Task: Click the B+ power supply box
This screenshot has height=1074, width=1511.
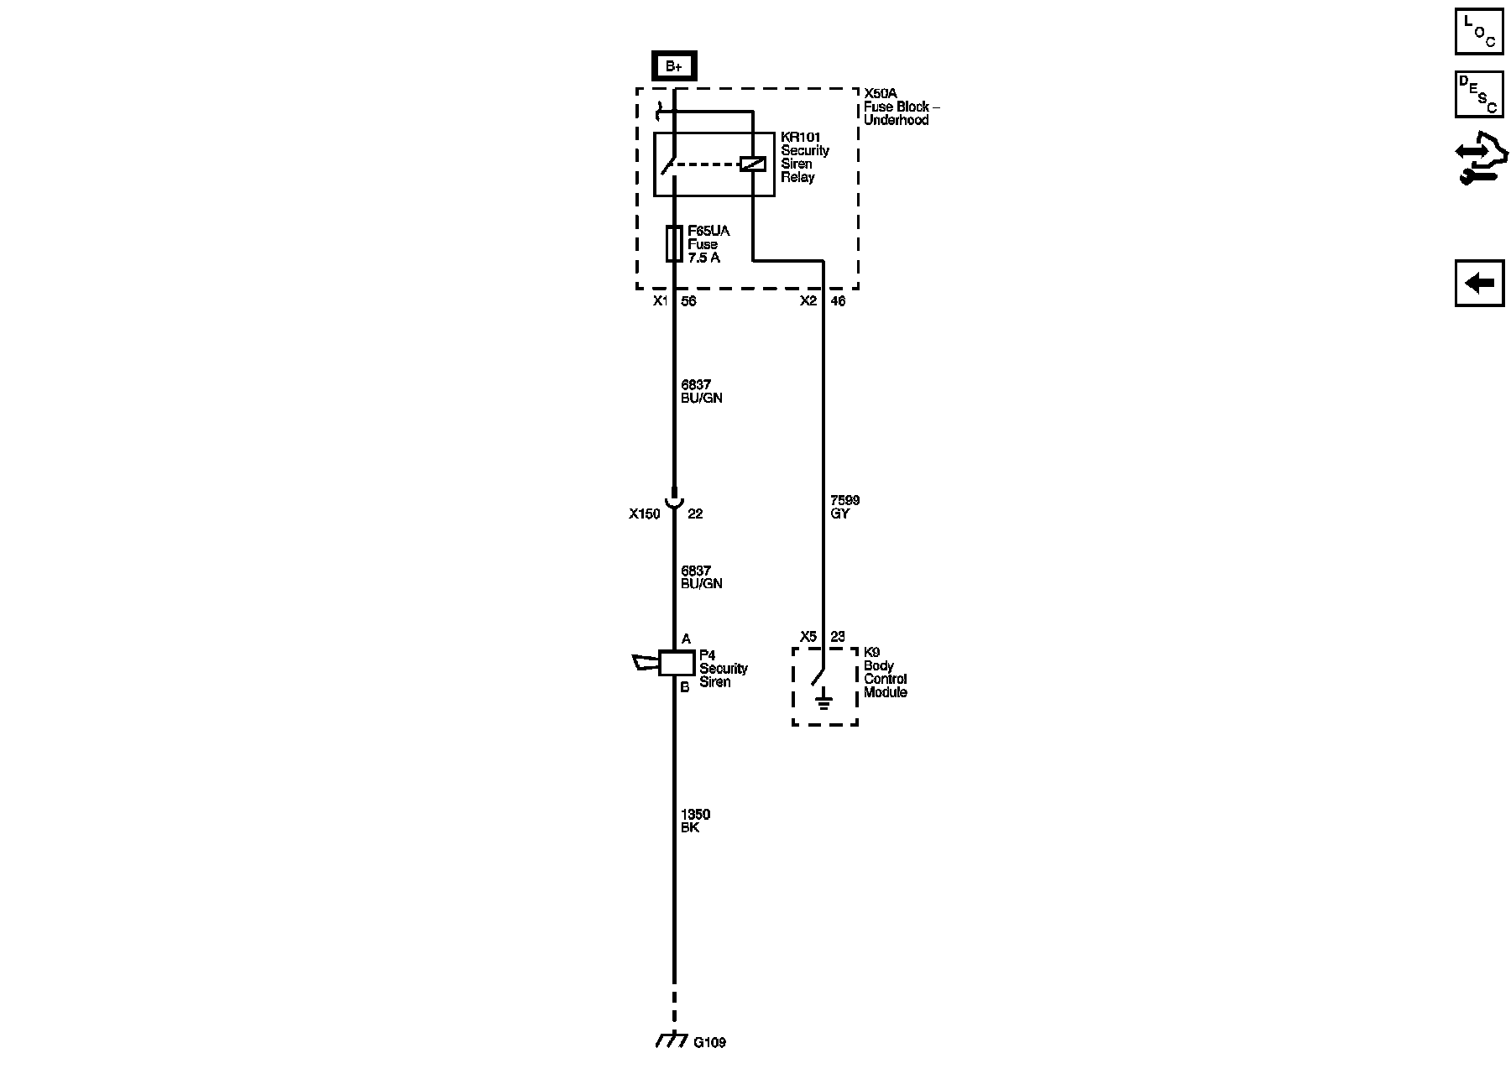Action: (x=674, y=66)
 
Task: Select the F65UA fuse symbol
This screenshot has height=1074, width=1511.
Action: (x=673, y=243)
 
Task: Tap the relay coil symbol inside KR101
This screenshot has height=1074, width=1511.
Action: (x=752, y=164)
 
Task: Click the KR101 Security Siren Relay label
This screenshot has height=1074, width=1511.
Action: (x=804, y=157)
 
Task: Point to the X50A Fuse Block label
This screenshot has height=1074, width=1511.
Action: (x=901, y=107)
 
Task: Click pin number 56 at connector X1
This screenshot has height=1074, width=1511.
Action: (x=688, y=301)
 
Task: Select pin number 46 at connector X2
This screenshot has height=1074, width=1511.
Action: (x=837, y=301)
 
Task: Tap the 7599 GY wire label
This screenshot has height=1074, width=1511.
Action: (x=844, y=507)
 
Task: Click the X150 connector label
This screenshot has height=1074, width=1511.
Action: (x=645, y=514)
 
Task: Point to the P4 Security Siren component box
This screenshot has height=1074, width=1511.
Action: (x=676, y=663)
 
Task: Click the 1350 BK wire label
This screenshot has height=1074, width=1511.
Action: (x=695, y=821)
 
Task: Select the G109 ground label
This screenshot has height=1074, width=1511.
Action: (x=709, y=1043)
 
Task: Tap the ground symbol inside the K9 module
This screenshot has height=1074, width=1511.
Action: (x=823, y=698)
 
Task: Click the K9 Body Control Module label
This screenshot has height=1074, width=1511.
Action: (x=885, y=672)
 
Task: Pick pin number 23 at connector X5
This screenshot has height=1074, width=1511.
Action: (x=837, y=637)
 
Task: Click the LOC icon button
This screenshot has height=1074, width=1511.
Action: (x=1479, y=31)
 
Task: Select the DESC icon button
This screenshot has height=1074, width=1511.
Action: (x=1479, y=94)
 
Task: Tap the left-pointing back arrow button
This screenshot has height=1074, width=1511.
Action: (x=1479, y=284)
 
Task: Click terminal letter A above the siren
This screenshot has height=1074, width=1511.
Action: (x=686, y=639)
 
